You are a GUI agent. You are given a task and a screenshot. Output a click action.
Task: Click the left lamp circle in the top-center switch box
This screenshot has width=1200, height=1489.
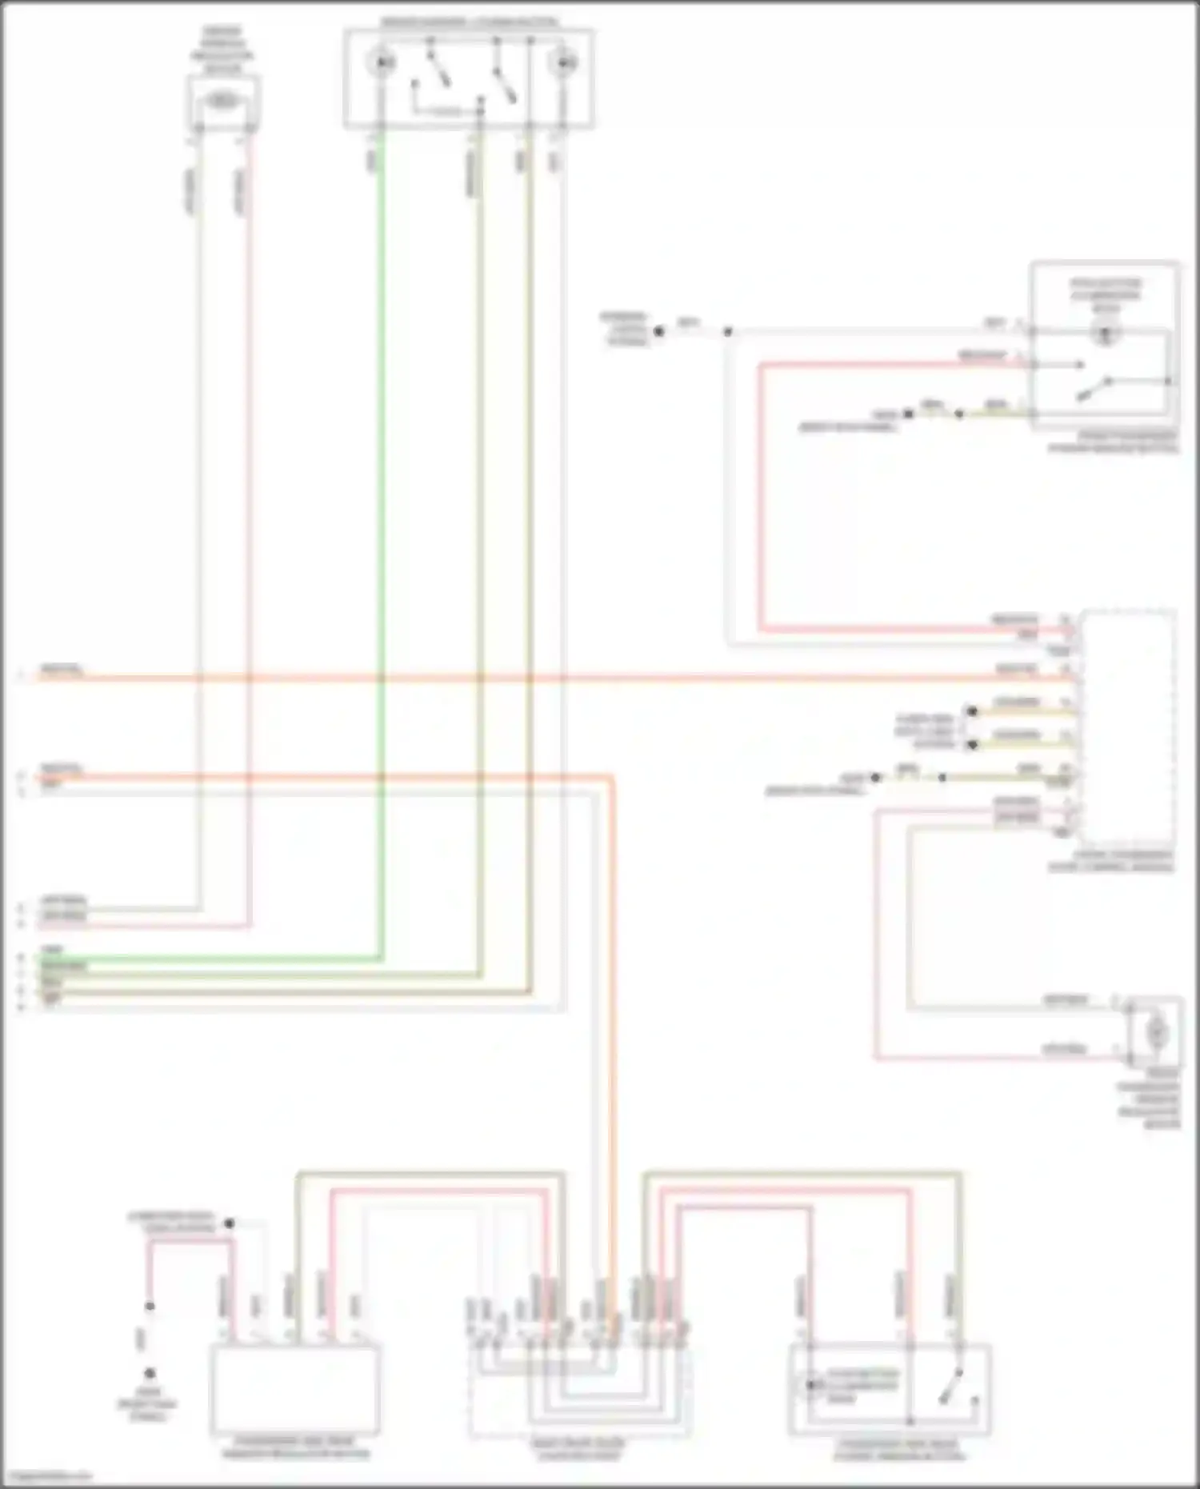tap(384, 61)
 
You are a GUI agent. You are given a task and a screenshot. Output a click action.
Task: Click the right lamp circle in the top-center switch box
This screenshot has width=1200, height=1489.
tap(566, 61)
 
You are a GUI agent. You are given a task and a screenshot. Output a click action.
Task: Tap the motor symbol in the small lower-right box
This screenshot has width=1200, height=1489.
tap(1156, 1032)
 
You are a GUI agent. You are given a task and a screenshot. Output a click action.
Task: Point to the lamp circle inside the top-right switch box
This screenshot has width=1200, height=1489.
tap(1106, 334)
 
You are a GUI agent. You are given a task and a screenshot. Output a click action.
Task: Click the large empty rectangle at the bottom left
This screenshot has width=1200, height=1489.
tap(294, 1390)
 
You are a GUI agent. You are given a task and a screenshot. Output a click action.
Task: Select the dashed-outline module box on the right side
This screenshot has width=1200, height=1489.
tap(1128, 728)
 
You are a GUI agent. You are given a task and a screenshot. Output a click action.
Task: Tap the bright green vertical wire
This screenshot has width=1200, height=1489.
tap(382, 560)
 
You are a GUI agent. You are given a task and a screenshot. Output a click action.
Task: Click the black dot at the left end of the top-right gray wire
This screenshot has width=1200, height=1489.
tap(660, 330)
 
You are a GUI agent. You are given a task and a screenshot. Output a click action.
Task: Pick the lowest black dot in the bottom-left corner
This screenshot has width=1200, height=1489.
tap(150, 1374)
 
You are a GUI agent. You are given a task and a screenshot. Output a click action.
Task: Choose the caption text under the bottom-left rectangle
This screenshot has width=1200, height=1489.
tap(294, 1448)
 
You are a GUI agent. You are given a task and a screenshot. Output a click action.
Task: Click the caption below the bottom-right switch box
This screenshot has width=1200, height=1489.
tap(899, 1450)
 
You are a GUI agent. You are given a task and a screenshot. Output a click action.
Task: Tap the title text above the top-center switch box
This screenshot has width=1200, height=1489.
tap(469, 22)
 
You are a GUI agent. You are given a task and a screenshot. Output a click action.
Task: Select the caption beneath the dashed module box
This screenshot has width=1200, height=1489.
tap(1112, 861)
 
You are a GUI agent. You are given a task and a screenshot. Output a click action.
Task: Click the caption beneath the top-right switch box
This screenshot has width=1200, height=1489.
tap(1115, 442)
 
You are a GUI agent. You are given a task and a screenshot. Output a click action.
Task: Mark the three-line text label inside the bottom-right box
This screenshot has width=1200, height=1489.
tap(862, 1386)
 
